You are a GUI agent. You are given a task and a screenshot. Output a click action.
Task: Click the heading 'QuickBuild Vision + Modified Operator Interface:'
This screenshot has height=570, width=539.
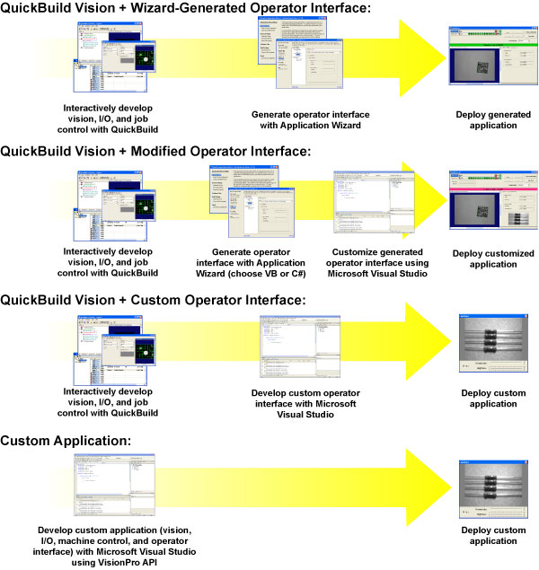[x=156, y=151]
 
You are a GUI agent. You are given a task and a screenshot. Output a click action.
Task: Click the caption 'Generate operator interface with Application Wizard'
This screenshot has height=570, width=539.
[x=310, y=120]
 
